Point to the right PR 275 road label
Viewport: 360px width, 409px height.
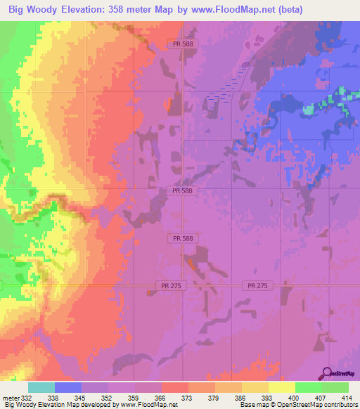coord(257,285)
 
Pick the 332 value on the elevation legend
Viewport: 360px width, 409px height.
coord(27,398)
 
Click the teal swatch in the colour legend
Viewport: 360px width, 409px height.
coord(41,387)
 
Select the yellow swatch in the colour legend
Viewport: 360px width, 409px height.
coord(282,387)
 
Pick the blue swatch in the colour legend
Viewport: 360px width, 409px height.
coord(68,387)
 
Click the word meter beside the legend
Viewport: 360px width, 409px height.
coord(11,398)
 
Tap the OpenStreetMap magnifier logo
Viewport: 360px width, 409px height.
coord(328,374)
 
